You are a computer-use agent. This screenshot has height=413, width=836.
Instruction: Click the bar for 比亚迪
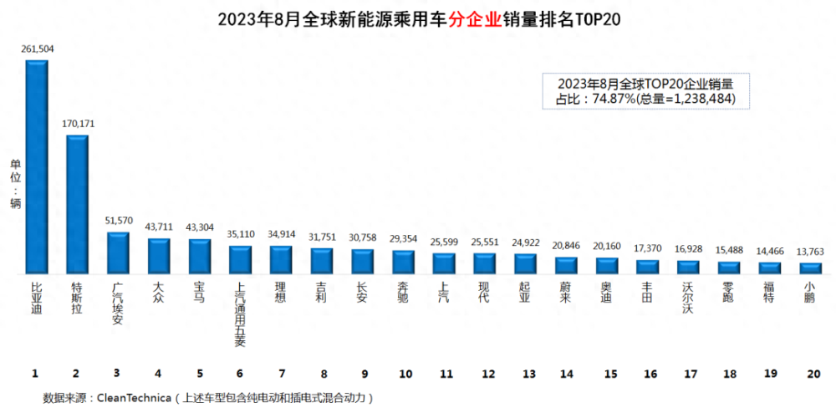click(37, 167)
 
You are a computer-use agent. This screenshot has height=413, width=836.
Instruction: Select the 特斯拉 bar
click(78, 205)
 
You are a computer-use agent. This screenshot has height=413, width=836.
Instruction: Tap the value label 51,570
click(118, 221)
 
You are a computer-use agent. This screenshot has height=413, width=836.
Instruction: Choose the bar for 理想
click(281, 260)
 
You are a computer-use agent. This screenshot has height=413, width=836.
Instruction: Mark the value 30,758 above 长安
click(362, 237)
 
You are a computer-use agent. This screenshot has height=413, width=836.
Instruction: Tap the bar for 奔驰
click(403, 263)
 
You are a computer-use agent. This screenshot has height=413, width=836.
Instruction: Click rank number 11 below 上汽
click(444, 372)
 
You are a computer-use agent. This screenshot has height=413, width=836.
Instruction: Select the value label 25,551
click(485, 242)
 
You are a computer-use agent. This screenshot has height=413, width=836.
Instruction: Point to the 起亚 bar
click(525, 264)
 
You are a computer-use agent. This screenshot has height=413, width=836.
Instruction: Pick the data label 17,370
click(648, 248)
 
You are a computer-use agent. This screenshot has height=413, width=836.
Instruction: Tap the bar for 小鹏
click(810, 268)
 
